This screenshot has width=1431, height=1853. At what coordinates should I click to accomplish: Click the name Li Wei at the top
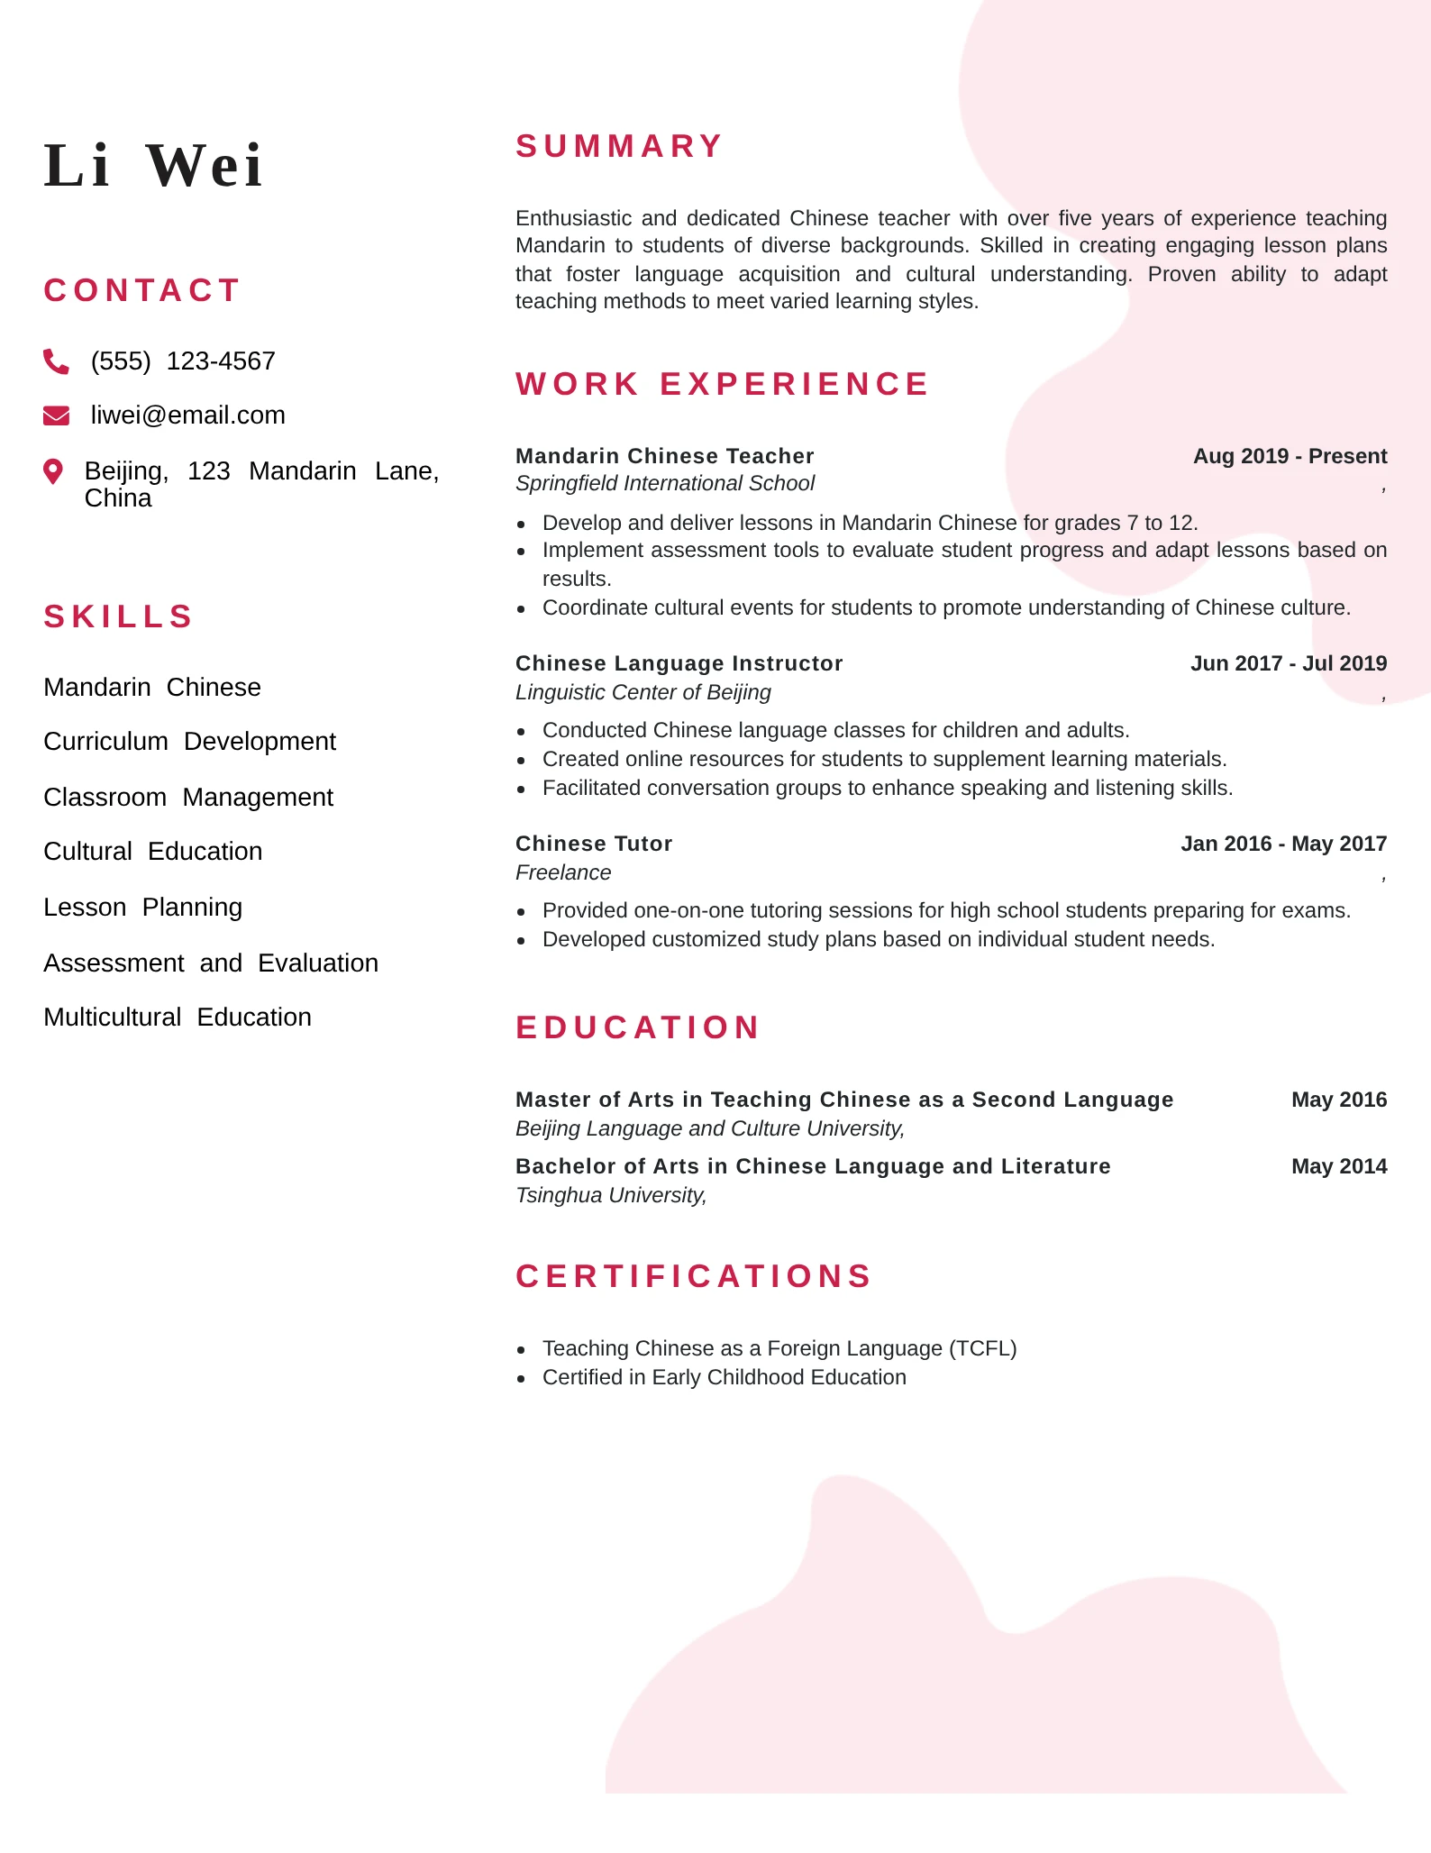[153, 166]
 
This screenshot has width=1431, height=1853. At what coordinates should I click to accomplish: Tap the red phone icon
[56, 361]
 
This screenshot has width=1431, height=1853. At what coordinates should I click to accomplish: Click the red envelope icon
[56, 415]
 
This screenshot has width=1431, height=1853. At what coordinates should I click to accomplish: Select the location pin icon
[54, 471]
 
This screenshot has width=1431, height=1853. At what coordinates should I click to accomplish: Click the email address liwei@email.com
[187, 415]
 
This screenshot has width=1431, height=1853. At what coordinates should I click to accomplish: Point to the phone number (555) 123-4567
[183, 361]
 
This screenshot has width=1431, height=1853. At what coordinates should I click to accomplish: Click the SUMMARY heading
[619, 146]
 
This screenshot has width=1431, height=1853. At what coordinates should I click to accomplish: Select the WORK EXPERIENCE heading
[722, 384]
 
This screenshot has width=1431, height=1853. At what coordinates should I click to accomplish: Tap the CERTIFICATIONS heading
[693, 1276]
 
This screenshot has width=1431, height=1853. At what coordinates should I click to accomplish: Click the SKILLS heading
[119, 616]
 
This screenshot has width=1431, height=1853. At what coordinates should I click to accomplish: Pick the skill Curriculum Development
[189, 742]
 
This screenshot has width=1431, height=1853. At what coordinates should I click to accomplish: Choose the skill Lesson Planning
[142, 908]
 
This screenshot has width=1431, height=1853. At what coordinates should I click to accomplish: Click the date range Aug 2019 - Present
[1290, 456]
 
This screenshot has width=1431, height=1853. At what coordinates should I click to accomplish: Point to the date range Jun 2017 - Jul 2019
[1288, 663]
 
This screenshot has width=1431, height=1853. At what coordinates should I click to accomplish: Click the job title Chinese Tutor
[594, 844]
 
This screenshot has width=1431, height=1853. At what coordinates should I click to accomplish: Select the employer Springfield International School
[664, 484]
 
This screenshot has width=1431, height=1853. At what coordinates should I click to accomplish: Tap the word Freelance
[563, 872]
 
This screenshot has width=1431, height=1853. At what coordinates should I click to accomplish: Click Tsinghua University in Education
[609, 1195]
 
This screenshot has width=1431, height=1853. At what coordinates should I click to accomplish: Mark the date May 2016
[1338, 1100]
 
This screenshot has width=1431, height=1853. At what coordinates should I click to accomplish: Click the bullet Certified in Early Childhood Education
[724, 1377]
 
